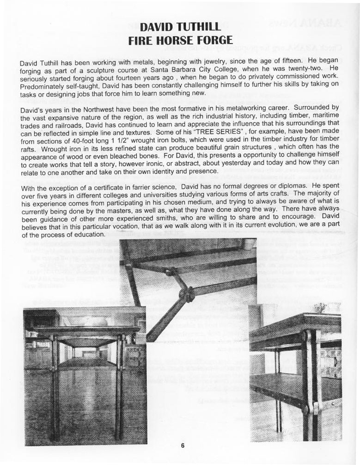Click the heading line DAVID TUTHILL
[x=180, y=26]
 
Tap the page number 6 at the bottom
[x=183, y=446]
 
